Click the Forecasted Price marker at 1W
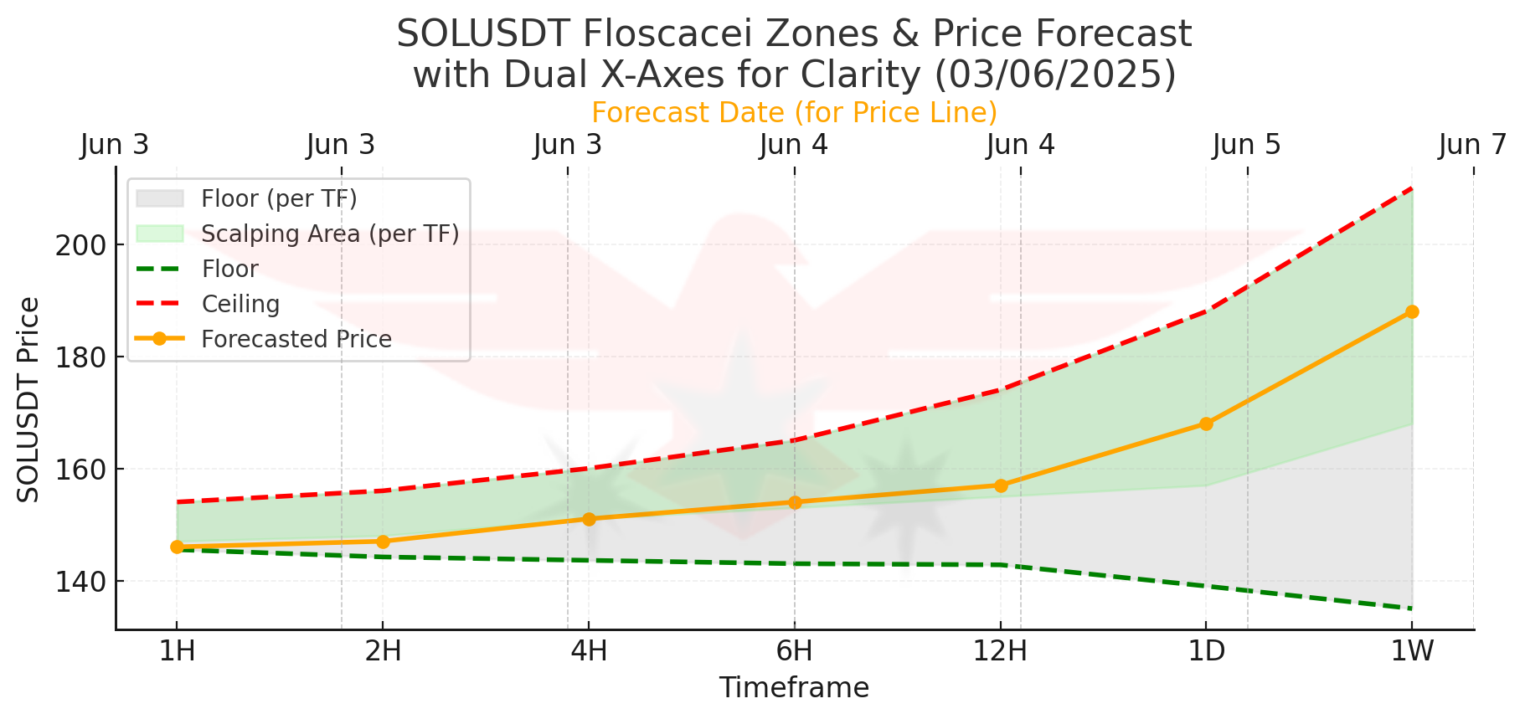tap(1412, 312)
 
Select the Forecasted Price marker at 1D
tap(1206, 424)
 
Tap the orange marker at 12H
tap(1000, 485)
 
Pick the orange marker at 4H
tap(589, 519)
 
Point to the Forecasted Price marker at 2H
tap(383, 542)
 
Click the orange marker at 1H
tap(177, 547)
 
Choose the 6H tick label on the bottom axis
tap(794, 650)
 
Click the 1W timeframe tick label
tap(1412, 650)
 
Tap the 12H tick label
tap(1000, 650)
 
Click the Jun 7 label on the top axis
tap(1472, 145)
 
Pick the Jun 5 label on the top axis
tap(1246, 145)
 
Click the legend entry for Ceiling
tap(240, 304)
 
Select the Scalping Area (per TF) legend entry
tap(330, 234)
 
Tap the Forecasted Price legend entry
tap(296, 339)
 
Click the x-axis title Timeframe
tap(794, 688)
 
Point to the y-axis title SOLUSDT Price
tap(28, 399)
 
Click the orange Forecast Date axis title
tap(794, 112)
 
